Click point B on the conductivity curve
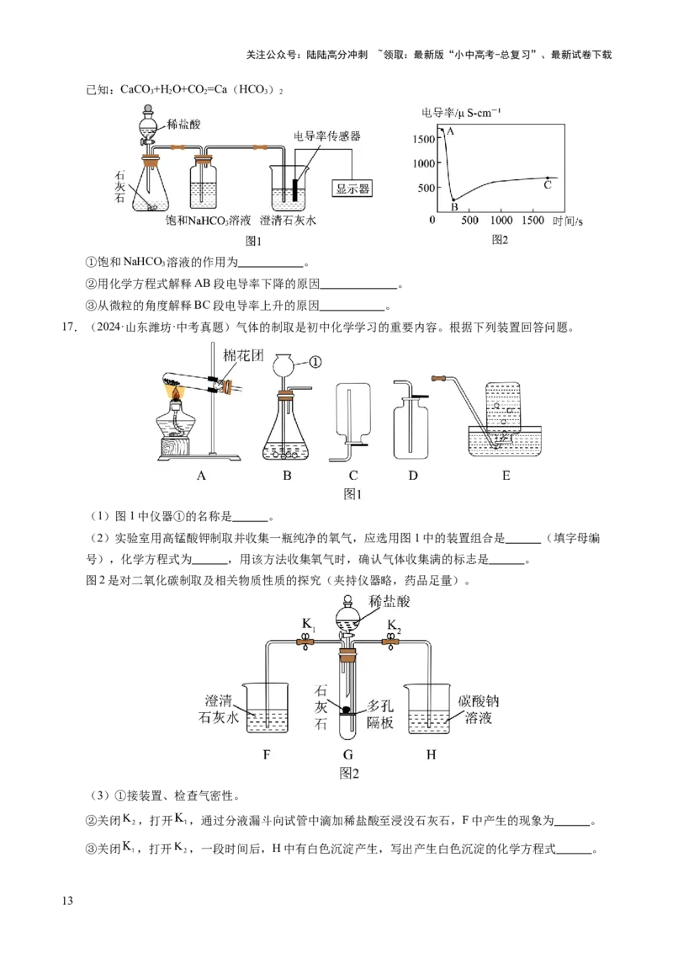(x=453, y=200)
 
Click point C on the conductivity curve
(x=548, y=178)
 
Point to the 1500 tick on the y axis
(x=424, y=139)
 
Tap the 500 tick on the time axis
(x=469, y=220)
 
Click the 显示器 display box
(x=352, y=189)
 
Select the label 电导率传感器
(x=326, y=136)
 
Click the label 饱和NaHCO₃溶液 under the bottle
(x=208, y=221)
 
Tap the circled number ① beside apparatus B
(x=315, y=362)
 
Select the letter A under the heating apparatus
(x=201, y=476)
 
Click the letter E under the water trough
(x=506, y=476)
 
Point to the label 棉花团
(x=243, y=355)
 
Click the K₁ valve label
(x=309, y=625)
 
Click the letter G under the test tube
(x=348, y=755)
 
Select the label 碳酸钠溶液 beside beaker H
(x=478, y=710)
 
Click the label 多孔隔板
(x=380, y=714)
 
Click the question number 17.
(x=70, y=327)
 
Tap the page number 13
(x=67, y=901)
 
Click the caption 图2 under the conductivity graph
(x=500, y=240)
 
